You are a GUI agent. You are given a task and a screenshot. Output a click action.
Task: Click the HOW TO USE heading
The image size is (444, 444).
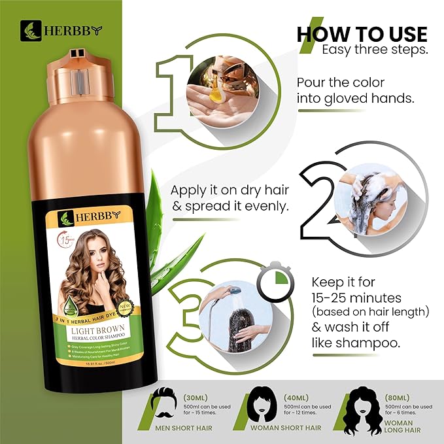click(362, 34)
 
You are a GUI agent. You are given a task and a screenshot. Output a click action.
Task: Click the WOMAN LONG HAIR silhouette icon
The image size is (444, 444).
click(367, 405)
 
